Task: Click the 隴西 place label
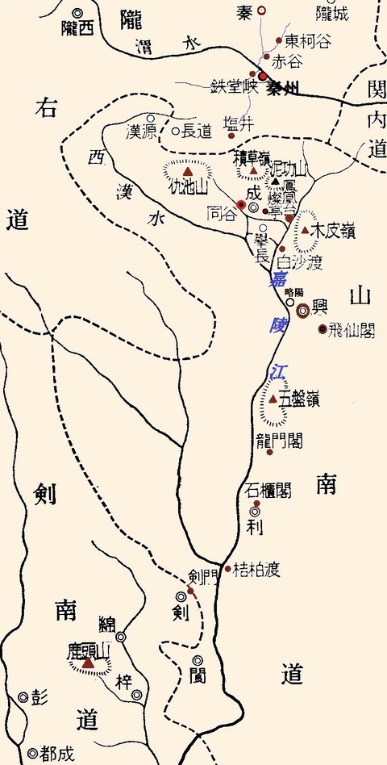click(x=77, y=28)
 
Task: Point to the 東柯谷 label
click(x=308, y=40)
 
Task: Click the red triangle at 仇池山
click(x=188, y=172)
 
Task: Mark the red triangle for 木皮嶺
click(x=306, y=231)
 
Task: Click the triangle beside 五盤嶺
click(x=273, y=399)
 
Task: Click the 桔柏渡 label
click(x=256, y=570)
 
